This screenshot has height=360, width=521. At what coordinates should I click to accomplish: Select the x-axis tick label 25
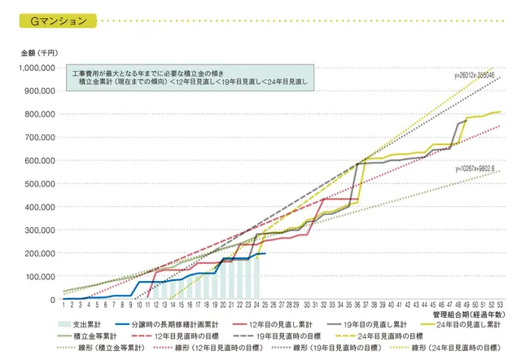tap(263, 305)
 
